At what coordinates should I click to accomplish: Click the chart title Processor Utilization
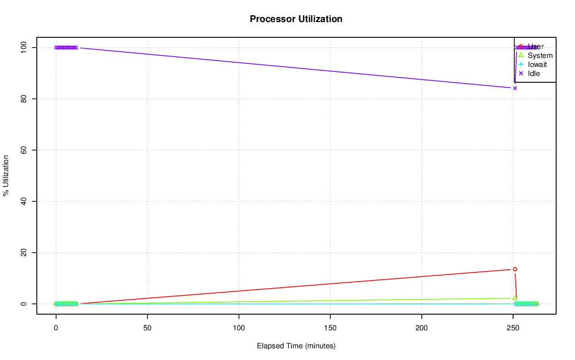click(x=296, y=19)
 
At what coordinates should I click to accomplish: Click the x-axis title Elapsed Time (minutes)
click(x=296, y=346)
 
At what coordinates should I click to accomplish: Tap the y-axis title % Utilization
click(x=6, y=175)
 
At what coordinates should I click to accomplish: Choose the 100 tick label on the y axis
click(x=22, y=47)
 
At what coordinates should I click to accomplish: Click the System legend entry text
click(x=540, y=56)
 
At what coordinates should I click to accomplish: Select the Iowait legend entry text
click(x=537, y=64)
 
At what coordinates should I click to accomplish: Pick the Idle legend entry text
click(x=534, y=73)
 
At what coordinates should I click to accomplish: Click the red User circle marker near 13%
click(x=515, y=269)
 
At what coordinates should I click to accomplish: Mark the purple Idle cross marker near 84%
click(x=515, y=88)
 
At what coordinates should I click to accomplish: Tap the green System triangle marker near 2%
click(x=515, y=298)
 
